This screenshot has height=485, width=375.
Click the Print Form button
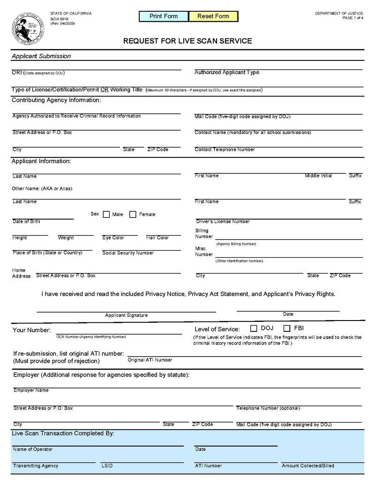(164, 16)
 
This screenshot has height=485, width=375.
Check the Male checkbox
(106, 215)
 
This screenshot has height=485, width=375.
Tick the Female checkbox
(133, 215)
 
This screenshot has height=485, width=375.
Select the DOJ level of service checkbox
(254, 328)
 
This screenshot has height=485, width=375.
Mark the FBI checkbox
(287, 328)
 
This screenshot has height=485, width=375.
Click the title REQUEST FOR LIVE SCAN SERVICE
(187, 41)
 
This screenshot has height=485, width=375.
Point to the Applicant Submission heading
(41, 56)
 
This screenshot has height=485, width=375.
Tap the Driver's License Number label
(223, 222)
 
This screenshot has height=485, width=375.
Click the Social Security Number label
(128, 253)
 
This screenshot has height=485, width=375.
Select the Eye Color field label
(113, 238)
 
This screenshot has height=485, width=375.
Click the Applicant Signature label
(126, 315)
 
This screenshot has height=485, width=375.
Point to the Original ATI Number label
(150, 360)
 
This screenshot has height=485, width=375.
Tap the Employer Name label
(31, 390)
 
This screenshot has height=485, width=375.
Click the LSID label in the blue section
(107, 466)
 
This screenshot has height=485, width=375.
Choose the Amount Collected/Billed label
(308, 466)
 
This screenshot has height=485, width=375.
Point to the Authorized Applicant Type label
(227, 73)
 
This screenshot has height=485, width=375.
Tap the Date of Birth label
(26, 222)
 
